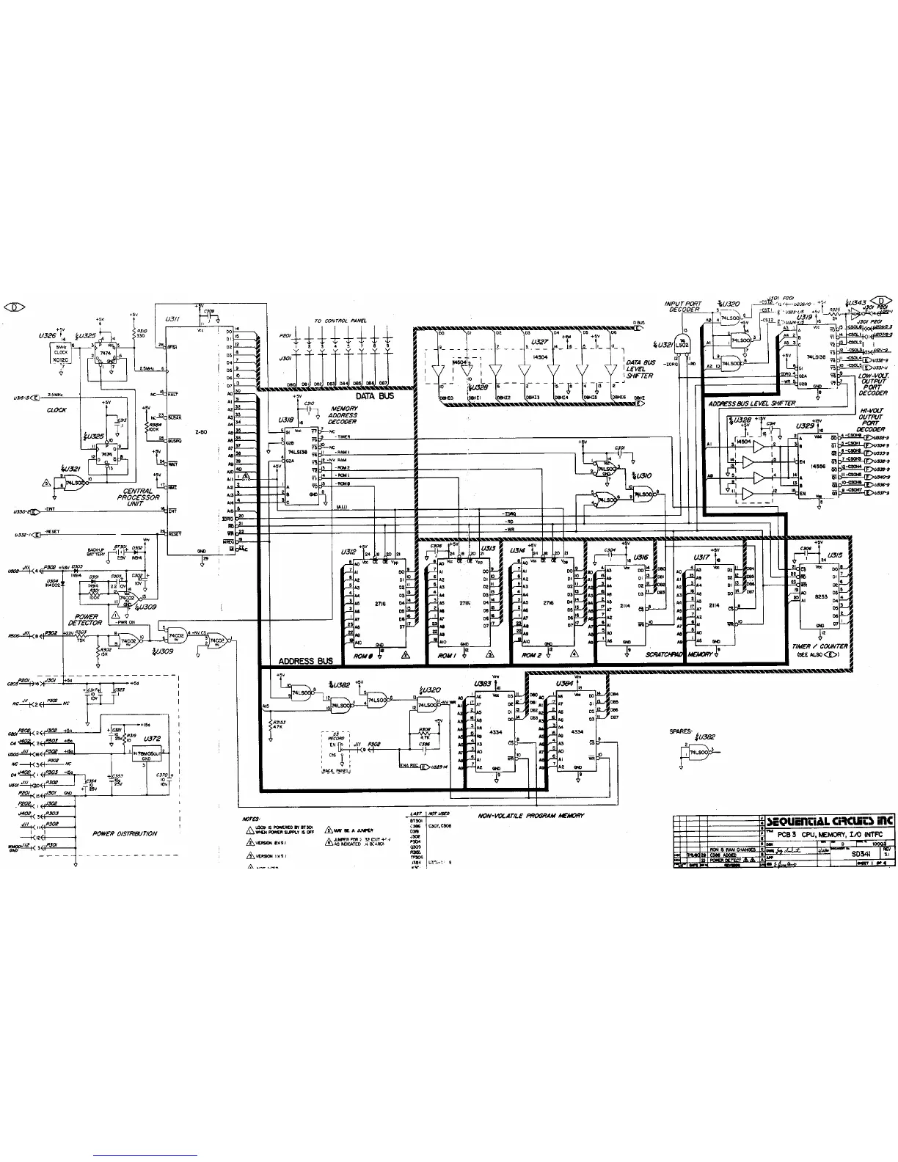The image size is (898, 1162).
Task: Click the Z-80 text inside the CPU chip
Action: pyautogui.click(x=200, y=432)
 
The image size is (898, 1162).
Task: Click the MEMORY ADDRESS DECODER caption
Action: pyautogui.click(x=343, y=415)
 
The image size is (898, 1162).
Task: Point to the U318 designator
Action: pyautogui.click(x=286, y=420)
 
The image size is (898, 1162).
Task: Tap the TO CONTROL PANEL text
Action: pyautogui.click(x=340, y=321)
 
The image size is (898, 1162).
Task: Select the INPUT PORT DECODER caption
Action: pyautogui.click(x=683, y=307)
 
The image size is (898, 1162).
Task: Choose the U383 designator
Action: pyautogui.click(x=482, y=683)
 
